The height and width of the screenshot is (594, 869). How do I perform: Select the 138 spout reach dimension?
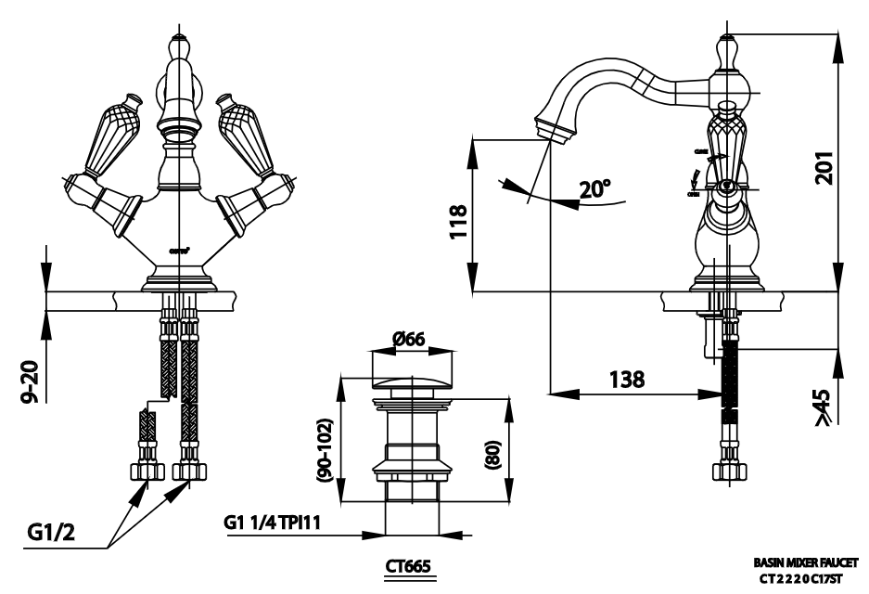click(x=629, y=380)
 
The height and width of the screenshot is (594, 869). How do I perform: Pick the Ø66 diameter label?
click(x=408, y=340)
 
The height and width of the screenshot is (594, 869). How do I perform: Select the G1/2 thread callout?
click(x=51, y=533)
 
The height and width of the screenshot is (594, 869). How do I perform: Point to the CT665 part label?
click(x=408, y=565)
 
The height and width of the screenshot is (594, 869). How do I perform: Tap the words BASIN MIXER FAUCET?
click(x=805, y=563)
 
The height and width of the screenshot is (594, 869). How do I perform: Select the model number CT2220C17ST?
click(x=801, y=578)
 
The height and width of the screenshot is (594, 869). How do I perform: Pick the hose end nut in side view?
click(x=730, y=470)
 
